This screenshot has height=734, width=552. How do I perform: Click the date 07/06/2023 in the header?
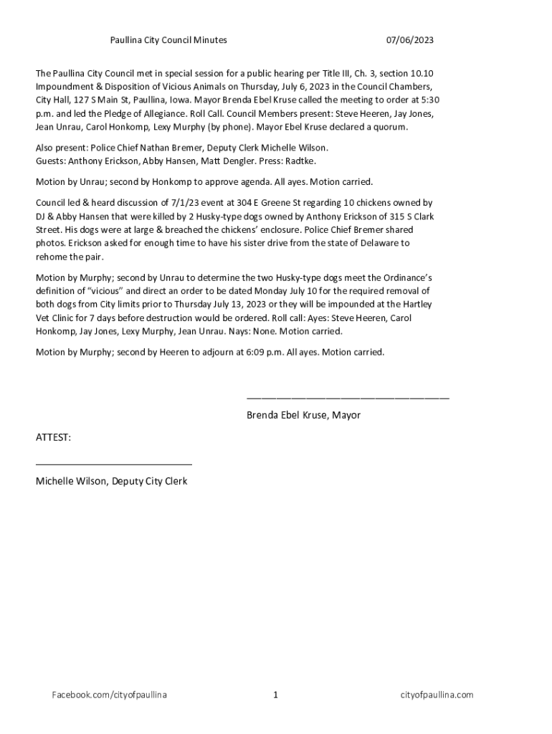coord(410,40)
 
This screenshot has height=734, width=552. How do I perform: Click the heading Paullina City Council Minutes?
coord(168,40)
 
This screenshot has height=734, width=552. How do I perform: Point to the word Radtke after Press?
coord(300,161)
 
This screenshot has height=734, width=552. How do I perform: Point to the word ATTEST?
coord(54,437)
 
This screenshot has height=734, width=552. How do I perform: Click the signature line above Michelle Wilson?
coord(114,464)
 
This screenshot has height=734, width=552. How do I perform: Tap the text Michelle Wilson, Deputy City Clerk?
coord(112,481)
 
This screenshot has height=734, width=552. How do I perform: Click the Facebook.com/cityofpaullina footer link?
coord(109,695)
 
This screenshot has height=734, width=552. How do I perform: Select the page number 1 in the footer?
coord(275,695)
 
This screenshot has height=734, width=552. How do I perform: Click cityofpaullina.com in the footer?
coord(437,695)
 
